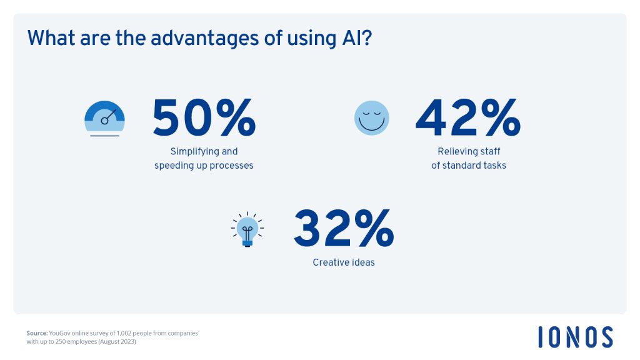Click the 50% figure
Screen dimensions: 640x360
pyautogui.click(x=204, y=117)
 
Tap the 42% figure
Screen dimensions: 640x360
pyautogui.click(x=468, y=117)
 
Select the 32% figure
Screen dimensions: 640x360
pyautogui.click(x=344, y=229)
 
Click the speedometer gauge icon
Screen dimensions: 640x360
pyautogui.click(x=104, y=118)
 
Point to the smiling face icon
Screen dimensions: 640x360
pyautogui.click(x=371, y=118)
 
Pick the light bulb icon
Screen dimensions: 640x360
pyautogui.click(x=247, y=230)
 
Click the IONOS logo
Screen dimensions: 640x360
pyautogui.click(x=576, y=337)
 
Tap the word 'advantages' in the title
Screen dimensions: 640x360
pyautogui.click(x=204, y=39)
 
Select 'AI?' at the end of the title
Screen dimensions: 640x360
pyautogui.click(x=355, y=38)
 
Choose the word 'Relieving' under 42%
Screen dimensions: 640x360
pyautogui.click(x=456, y=152)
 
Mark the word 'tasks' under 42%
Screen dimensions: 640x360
pyautogui.click(x=495, y=165)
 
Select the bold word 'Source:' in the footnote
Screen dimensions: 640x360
pyautogui.click(x=37, y=333)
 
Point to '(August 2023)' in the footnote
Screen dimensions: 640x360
pyautogui.click(x=117, y=342)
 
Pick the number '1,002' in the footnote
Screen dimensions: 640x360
pyautogui.click(x=124, y=333)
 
